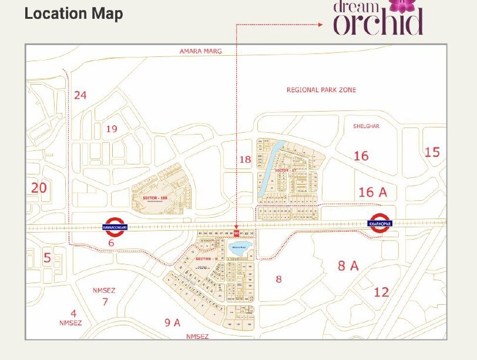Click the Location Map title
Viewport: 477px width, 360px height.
(x=73, y=14)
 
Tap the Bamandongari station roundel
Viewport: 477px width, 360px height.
(x=115, y=226)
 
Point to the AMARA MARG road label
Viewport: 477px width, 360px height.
(x=200, y=52)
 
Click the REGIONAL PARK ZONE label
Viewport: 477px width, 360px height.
(x=321, y=90)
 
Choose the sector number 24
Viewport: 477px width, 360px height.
(x=80, y=95)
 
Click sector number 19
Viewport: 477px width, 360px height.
(x=112, y=129)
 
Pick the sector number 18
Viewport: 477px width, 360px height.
(x=245, y=159)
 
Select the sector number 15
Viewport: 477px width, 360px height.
(x=432, y=152)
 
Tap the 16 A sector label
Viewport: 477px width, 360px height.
(x=373, y=192)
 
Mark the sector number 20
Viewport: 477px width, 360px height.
(x=39, y=188)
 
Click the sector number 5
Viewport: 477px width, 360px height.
(x=47, y=258)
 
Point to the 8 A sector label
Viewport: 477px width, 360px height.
(x=348, y=265)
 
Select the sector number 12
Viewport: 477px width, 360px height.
(x=381, y=291)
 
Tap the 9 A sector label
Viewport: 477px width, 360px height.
(x=172, y=322)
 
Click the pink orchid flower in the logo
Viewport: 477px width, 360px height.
(x=402, y=5)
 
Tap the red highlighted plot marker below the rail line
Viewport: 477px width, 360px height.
(x=236, y=234)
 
